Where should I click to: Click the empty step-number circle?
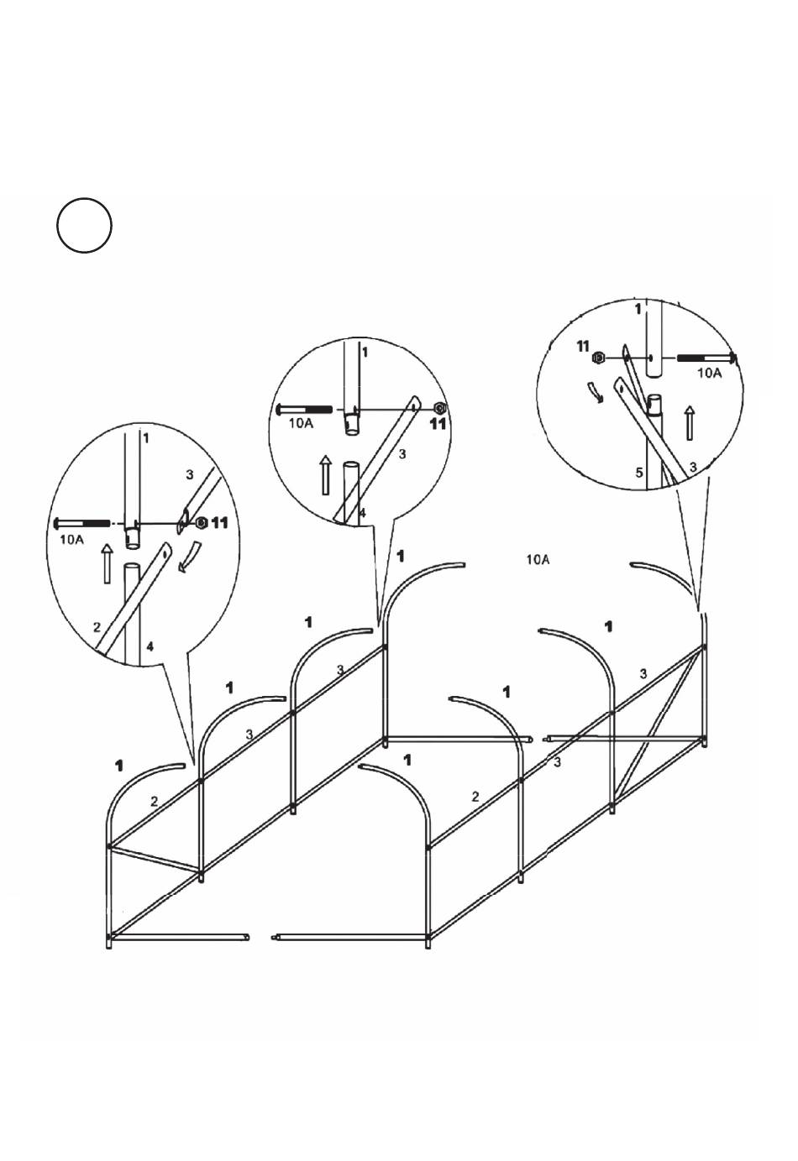84,225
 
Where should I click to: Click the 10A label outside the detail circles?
538,559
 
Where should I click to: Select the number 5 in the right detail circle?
639,473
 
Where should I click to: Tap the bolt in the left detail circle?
82,523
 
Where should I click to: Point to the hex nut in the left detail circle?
202,523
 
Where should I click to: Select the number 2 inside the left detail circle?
97,627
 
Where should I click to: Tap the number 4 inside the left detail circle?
150,646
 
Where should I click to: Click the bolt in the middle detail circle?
306,410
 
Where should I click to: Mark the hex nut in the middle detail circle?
438,409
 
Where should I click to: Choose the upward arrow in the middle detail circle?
326,475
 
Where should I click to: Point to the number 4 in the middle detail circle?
362,511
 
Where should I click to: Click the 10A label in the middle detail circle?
301,424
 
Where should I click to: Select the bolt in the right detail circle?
706,358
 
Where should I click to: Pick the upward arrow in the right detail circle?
690,422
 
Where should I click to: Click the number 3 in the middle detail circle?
402,454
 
